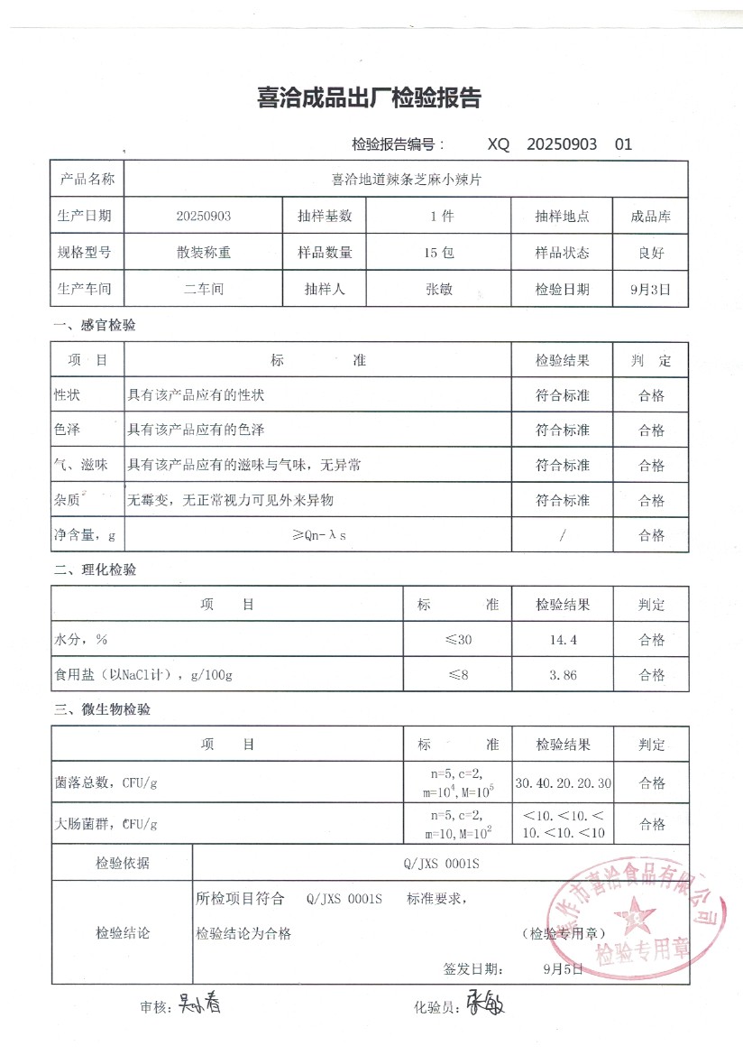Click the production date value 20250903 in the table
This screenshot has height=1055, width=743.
204,217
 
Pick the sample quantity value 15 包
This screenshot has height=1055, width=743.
440,253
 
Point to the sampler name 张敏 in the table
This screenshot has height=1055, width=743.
440,290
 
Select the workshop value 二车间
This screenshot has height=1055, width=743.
204,290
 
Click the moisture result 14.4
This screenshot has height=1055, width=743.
562,640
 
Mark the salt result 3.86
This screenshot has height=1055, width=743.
562,675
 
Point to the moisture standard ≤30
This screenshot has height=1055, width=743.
457,640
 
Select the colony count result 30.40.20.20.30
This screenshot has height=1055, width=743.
562,782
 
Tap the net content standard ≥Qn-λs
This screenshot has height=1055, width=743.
319,535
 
